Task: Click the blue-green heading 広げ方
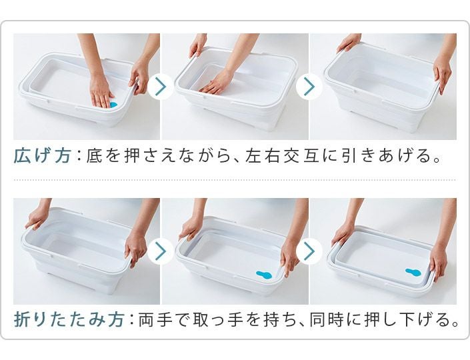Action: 42,156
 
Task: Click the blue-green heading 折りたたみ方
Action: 69,319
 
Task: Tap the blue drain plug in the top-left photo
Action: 113,105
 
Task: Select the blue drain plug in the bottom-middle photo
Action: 264,275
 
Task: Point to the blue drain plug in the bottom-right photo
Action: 413,272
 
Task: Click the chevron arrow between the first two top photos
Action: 161,86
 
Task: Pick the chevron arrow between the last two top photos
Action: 309,86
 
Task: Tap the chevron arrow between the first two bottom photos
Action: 161,251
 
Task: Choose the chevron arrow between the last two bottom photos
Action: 309,251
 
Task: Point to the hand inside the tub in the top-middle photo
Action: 217,83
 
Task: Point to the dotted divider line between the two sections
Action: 235,180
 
